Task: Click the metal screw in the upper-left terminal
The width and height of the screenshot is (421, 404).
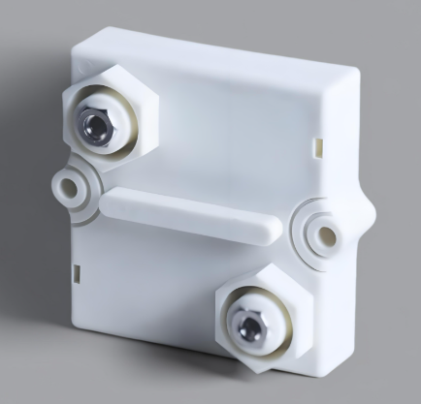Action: click(x=92, y=123)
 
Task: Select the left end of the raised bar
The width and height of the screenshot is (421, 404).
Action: click(x=110, y=200)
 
